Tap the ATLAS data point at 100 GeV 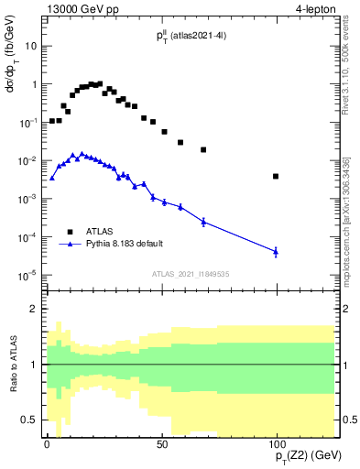(276, 176)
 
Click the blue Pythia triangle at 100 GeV (276, 250)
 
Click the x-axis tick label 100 (276, 443)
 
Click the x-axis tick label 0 (47, 443)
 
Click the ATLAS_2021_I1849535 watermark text (191, 274)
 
